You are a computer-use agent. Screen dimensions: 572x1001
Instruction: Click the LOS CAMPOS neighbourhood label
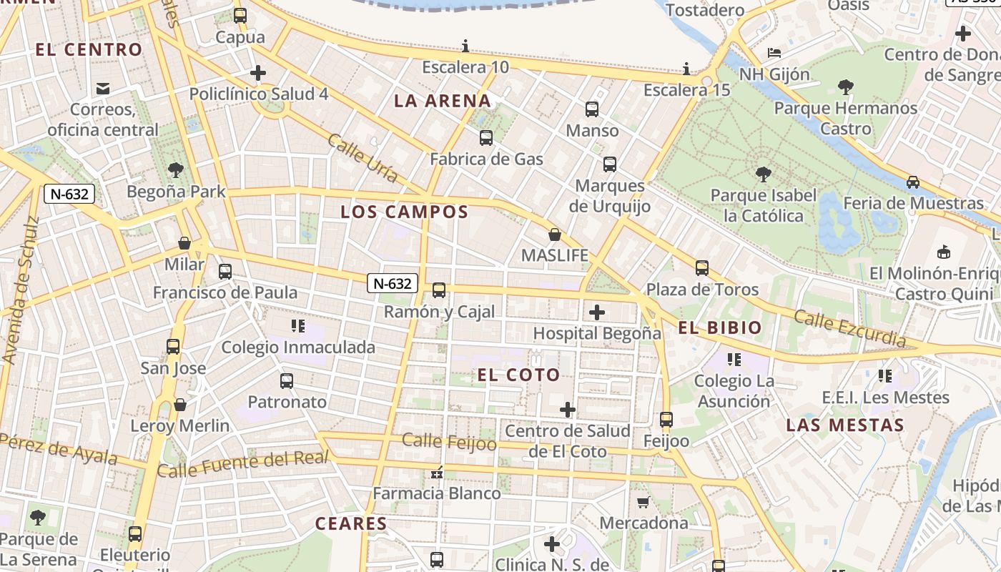tap(405, 212)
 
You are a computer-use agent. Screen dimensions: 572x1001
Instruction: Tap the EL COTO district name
tap(518, 375)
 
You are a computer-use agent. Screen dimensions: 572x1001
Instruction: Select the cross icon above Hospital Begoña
tap(596, 312)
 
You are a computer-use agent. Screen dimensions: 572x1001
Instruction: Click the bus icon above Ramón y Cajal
tap(439, 290)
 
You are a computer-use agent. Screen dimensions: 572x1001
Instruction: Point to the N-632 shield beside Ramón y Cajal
tap(393, 283)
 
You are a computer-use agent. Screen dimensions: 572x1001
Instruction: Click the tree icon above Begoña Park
tap(176, 170)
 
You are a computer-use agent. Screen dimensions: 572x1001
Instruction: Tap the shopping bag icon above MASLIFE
tap(554, 235)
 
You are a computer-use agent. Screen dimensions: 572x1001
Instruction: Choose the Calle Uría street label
tap(362, 158)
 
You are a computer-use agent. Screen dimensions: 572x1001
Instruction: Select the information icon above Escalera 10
tap(465, 46)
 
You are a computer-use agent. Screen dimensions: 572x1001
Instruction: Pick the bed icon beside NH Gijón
tap(774, 52)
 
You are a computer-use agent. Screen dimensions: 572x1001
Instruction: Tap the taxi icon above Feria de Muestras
tap(913, 182)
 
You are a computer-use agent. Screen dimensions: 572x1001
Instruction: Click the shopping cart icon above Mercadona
tap(643, 502)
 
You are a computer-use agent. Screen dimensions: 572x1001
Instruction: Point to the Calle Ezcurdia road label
tap(850, 329)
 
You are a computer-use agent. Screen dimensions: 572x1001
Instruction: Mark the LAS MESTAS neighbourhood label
tap(845, 425)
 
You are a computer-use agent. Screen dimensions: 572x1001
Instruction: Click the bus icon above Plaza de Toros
tap(702, 268)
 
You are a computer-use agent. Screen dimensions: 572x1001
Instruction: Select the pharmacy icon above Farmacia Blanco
tap(437, 473)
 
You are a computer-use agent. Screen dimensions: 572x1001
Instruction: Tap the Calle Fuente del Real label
tap(242, 464)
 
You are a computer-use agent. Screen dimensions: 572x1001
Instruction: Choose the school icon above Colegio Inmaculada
tap(298, 327)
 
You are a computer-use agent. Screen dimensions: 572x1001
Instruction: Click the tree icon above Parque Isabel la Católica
tap(763, 174)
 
